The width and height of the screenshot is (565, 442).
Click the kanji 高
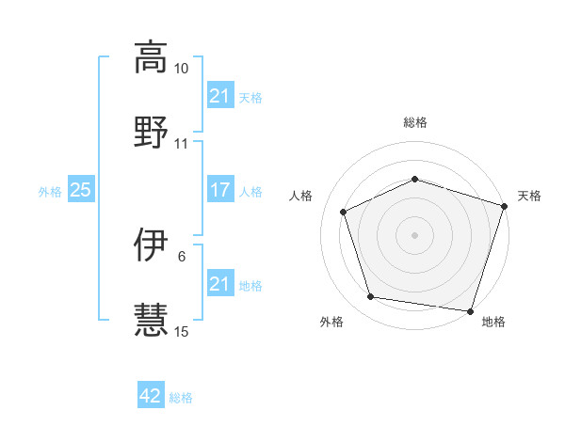(x=150, y=57)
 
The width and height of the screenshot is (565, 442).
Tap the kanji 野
(x=150, y=131)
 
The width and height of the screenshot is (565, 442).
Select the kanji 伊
(x=150, y=245)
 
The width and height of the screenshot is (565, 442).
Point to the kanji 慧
(x=150, y=319)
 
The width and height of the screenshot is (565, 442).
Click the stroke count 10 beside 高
(x=181, y=70)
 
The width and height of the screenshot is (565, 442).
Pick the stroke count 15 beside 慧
(x=181, y=331)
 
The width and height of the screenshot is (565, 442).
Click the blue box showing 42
(x=151, y=396)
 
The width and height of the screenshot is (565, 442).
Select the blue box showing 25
(x=81, y=190)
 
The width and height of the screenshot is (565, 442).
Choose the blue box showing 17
(x=219, y=190)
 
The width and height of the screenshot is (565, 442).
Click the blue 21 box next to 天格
(x=219, y=96)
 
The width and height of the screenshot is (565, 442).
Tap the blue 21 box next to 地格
(x=219, y=284)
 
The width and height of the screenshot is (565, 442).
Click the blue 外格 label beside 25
(x=50, y=191)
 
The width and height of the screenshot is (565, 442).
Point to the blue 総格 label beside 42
(x=181, y=397)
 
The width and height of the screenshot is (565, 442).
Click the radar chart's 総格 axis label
(x=415, y=123)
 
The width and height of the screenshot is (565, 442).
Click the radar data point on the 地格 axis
(x=470, y=309)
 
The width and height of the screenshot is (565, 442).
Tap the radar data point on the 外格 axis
(x=371, y=297)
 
